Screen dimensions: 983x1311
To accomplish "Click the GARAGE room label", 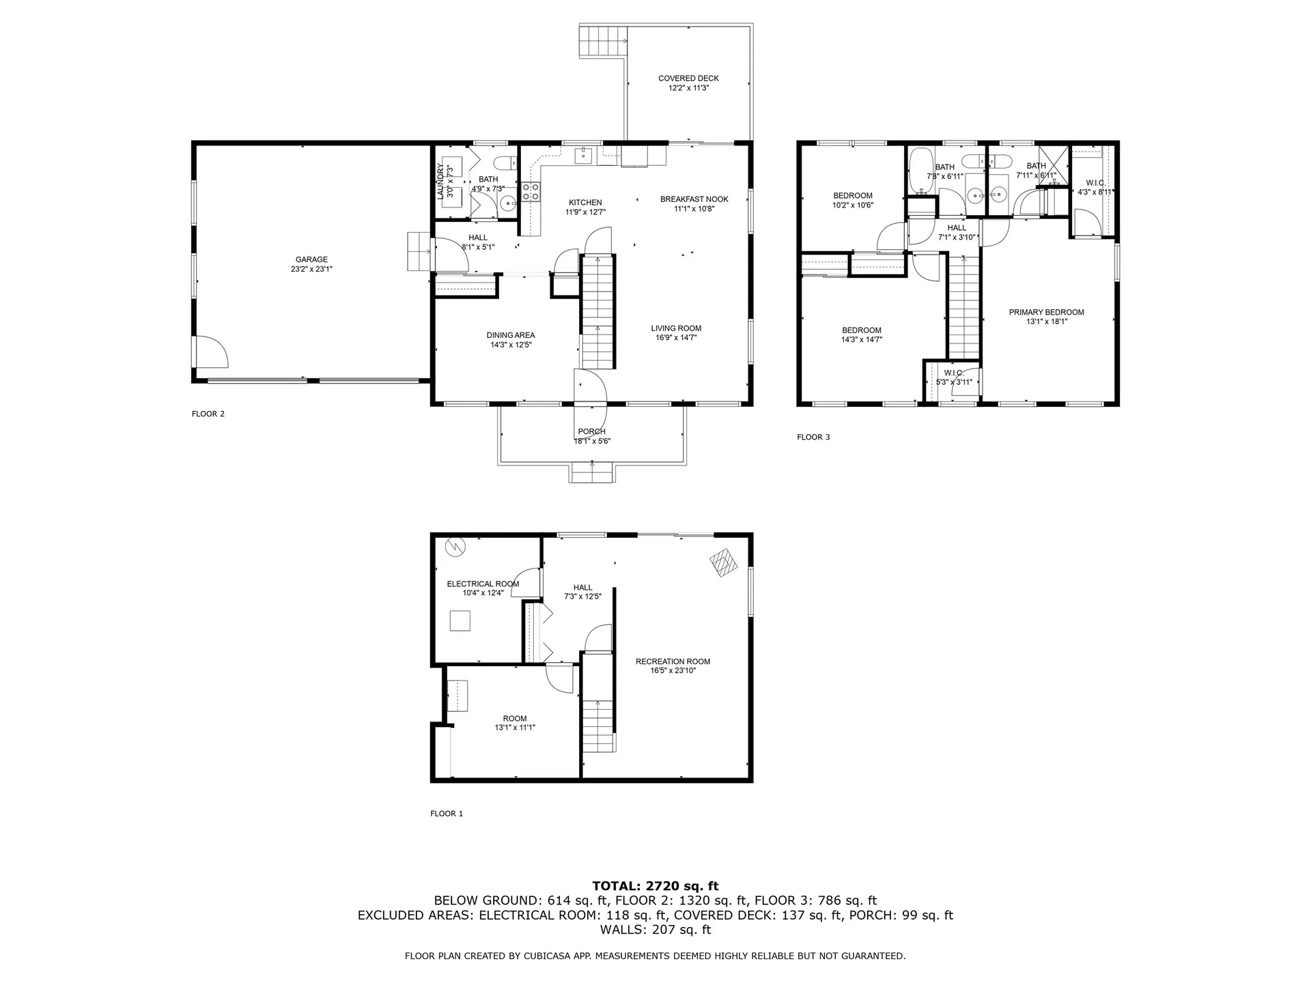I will [x=311, y=259].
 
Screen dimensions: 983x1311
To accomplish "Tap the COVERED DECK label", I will [x=688, y=79].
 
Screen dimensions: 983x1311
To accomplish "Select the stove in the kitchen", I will [x=531, y=192].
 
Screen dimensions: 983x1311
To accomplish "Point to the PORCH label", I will [x=591, y=431].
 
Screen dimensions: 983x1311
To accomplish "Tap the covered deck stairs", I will [x=603, y=40].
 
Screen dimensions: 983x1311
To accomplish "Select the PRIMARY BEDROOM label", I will [x=1046, y=313].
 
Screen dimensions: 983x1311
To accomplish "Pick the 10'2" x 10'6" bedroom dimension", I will [x=852, y=205].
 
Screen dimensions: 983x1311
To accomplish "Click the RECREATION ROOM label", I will [x=673, y=661].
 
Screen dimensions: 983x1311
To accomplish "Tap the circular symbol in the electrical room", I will [x=453, y=546].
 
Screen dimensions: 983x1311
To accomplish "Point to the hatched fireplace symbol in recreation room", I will [x=724, y=564].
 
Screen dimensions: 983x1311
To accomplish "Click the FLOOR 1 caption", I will [x=447, y=814].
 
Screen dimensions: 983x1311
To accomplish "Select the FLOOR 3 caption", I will [x=813, y=437].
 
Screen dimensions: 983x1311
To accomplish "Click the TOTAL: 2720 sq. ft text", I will [x=655, y=886].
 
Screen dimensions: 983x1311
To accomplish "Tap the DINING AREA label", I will [x=511, y=335].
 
